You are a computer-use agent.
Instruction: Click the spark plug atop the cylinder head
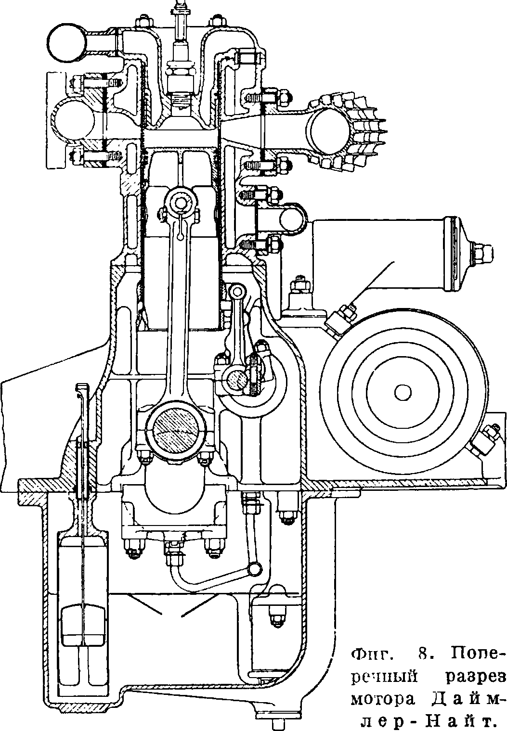click(x=179, y=58)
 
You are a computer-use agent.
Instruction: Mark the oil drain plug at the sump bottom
click(x=278, y=722)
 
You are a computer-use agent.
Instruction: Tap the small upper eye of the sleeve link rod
click(x=236, y=290)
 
